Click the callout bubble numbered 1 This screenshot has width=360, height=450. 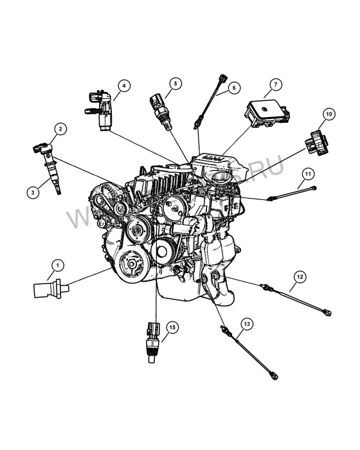click(x=57, y=265)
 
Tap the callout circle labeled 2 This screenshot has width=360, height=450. click(x=60, y=129)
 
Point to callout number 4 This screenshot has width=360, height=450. click(x=123, y=84)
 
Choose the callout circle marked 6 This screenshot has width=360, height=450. click(x=233, y=86)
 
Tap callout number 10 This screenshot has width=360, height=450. click(x=328, y=114)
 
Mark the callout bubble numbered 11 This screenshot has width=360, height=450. click(x=308, y=174)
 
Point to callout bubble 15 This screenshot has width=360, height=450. click(x=172, y=328)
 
